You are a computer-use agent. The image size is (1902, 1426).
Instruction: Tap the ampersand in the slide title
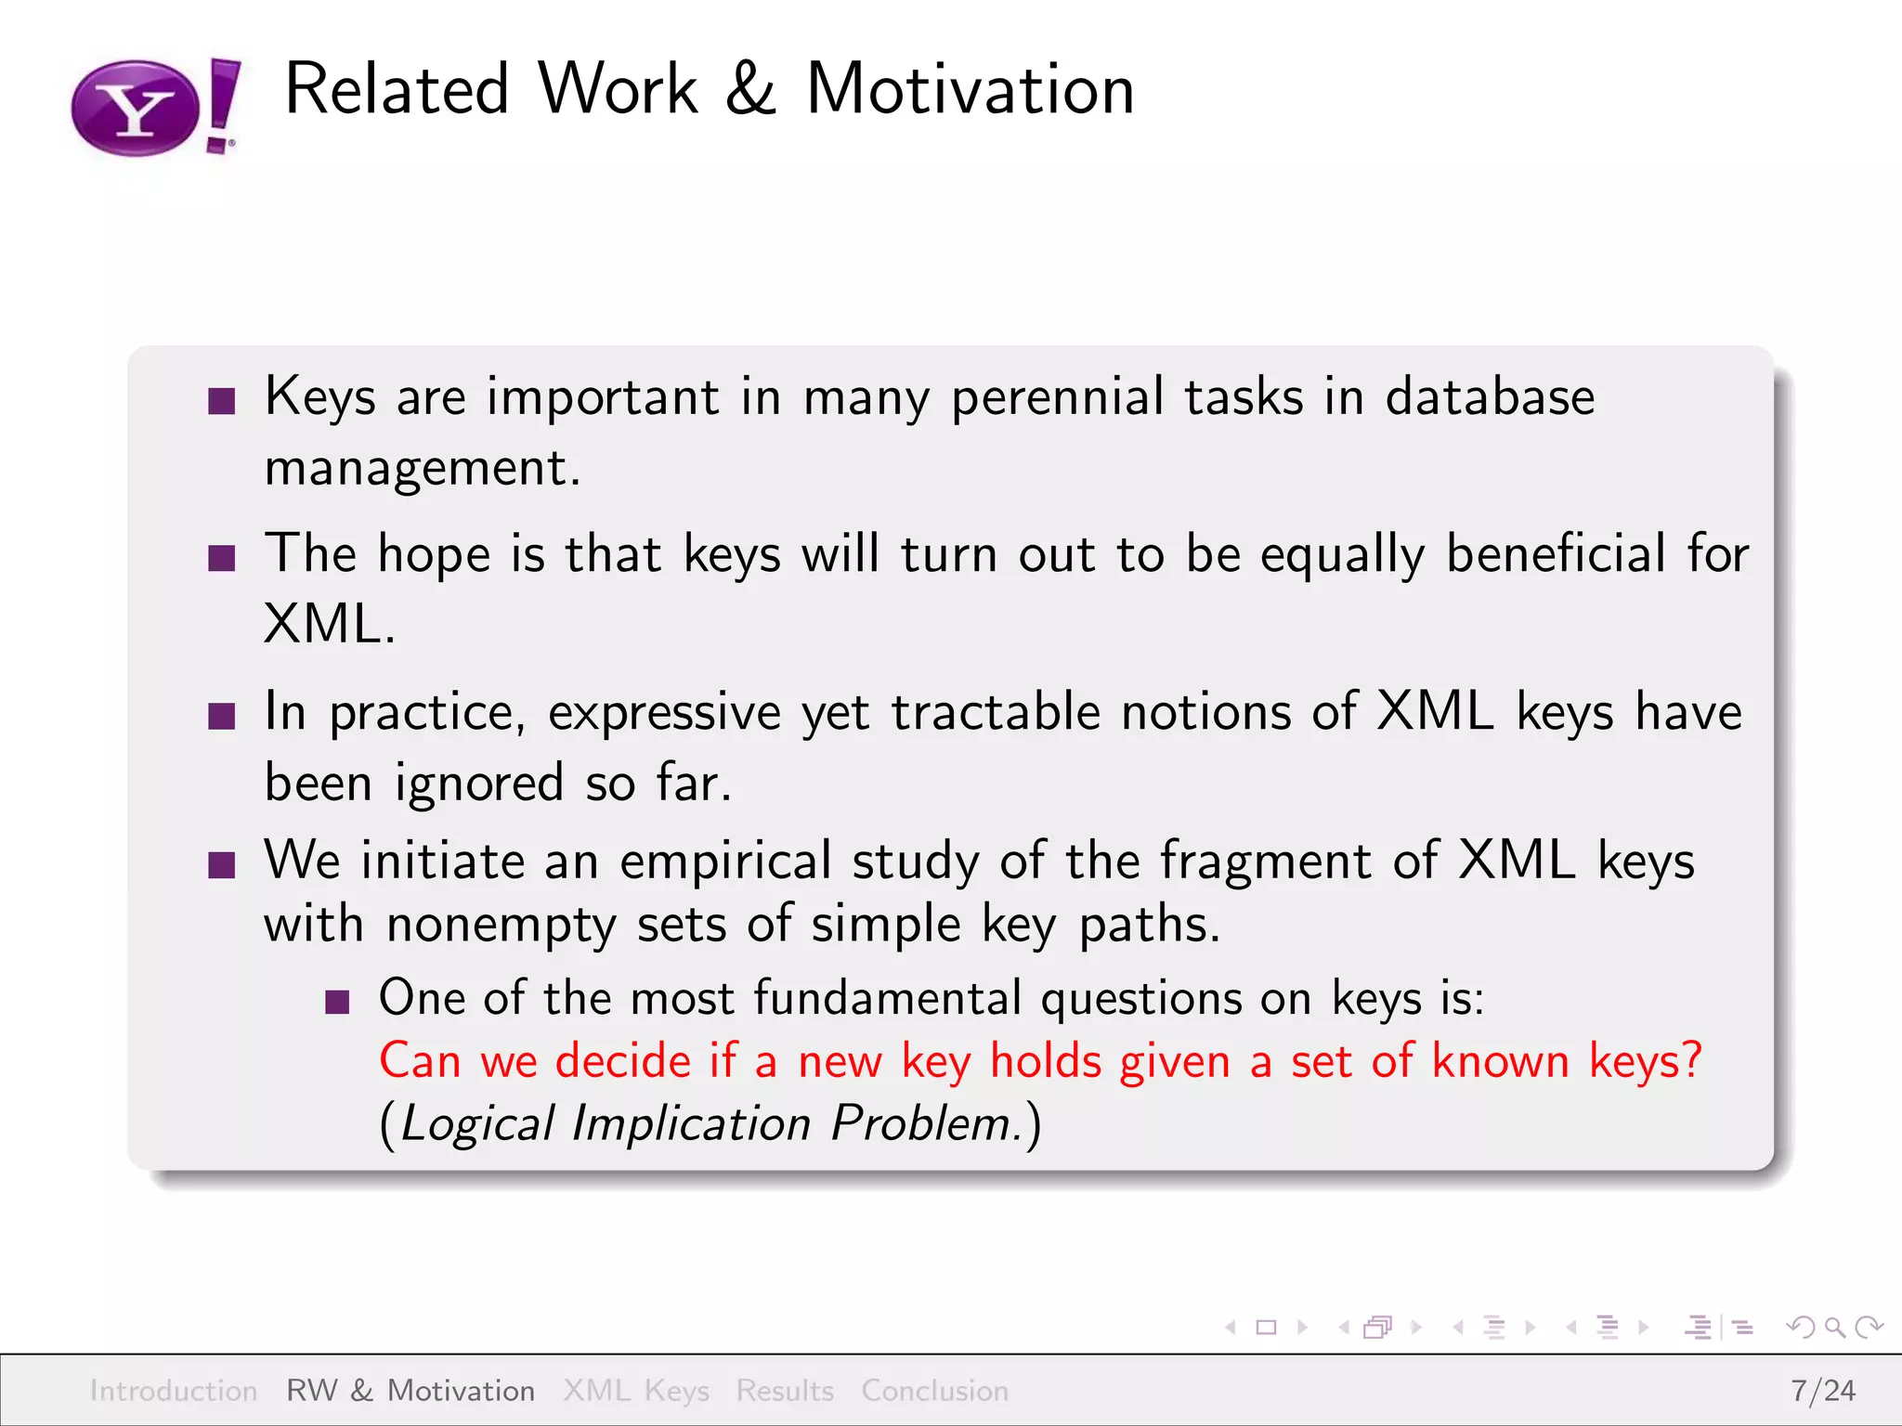750,90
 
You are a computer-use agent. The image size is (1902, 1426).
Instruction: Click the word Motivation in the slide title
970,90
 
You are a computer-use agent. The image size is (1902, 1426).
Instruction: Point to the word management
422,468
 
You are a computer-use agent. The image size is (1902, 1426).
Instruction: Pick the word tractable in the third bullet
996,713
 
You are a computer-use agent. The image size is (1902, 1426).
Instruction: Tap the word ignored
479,783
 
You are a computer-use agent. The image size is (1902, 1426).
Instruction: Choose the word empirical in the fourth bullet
725,861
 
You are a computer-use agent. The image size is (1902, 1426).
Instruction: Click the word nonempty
501,926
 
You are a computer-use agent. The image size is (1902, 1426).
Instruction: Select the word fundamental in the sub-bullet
887,999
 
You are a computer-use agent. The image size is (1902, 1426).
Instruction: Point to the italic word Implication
691,1123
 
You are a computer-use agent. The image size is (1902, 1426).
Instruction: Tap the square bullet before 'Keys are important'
222,402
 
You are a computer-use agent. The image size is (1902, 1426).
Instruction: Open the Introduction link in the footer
174,1391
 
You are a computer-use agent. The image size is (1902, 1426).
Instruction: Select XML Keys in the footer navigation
636,1391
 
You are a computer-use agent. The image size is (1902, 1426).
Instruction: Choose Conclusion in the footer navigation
934,1391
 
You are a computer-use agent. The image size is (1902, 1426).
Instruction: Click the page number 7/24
1822,1391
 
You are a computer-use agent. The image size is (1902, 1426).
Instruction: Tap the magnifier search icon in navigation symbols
1833,1328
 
